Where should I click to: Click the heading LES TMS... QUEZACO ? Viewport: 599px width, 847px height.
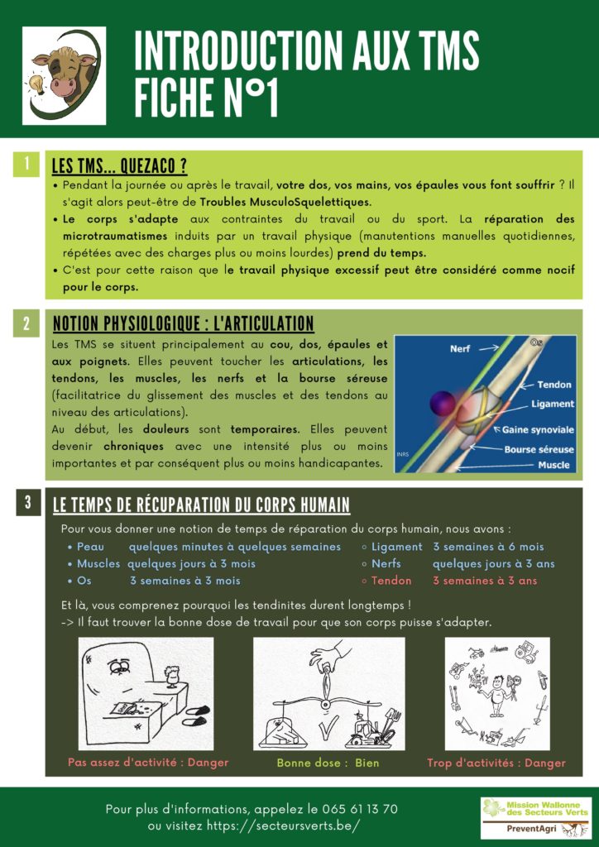pos(119,166)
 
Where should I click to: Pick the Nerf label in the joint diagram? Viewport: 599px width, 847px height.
pos(460,349)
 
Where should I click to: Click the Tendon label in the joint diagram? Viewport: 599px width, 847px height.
pos(553,385)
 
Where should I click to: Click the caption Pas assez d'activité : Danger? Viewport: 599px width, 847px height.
pos(148,762)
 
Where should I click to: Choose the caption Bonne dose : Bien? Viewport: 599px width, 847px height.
pos(328,763)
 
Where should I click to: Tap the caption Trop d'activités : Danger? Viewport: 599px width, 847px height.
pos(496,763)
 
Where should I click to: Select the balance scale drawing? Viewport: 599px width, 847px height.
pos(329,693)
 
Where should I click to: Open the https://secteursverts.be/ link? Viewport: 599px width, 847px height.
pos(278,826)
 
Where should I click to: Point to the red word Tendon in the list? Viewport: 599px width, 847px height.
pos(391,581)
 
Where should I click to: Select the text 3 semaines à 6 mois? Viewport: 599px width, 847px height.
pos(488,547)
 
